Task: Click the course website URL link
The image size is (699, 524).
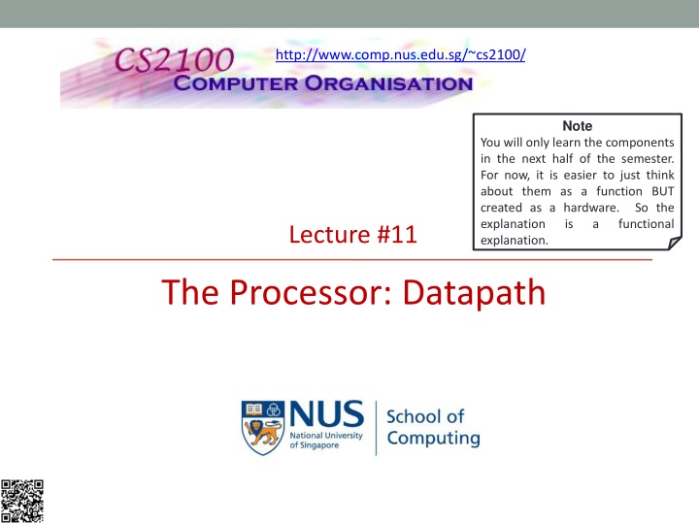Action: pos(401,55)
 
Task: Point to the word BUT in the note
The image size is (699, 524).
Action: pos(663,190)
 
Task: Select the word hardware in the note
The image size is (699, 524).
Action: pos(590,207)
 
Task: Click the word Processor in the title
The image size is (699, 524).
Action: pos(309,290)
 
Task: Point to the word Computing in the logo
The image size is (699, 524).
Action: pos(433,438)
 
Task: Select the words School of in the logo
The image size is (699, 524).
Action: pos(425,415)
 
